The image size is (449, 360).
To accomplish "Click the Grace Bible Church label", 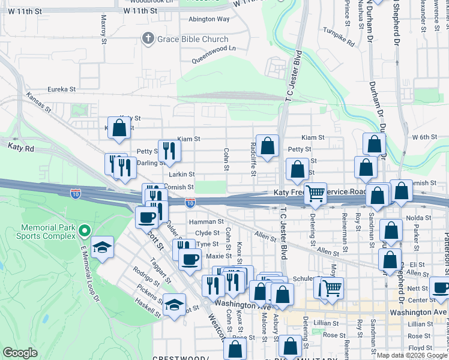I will click(x=193, y=40).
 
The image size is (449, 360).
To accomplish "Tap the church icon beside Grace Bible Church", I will click(x=148, y=40).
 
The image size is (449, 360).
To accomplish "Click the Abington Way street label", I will click(x=209, y=19).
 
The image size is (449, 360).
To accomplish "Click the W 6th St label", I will click(x=424, y=137).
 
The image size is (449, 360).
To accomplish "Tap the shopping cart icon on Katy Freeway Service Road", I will click(x=315, y=193).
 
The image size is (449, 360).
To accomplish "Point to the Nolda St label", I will click(x=418, y=217).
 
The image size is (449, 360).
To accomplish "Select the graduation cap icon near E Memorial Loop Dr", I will click(x=103, y=247).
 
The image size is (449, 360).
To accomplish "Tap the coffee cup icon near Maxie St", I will click(x=190, y=259).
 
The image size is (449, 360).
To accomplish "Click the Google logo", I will click(x=20, y=353).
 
